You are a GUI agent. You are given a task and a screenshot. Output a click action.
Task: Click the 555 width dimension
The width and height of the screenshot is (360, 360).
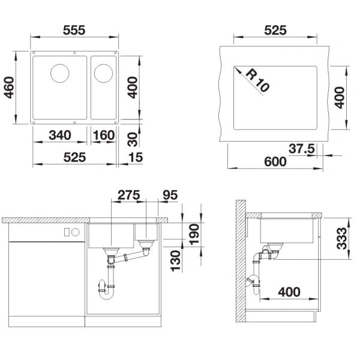(74, 31)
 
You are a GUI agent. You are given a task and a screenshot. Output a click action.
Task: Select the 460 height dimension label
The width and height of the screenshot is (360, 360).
(9, 88)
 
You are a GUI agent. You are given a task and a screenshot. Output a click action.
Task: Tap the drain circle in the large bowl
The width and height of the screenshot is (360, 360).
(59, 73)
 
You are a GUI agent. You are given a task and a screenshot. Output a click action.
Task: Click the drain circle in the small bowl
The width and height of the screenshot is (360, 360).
(103, 73)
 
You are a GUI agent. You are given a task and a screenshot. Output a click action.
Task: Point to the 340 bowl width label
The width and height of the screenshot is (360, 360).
(60, 135)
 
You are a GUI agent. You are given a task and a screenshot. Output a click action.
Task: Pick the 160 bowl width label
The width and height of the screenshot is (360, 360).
(104, 135)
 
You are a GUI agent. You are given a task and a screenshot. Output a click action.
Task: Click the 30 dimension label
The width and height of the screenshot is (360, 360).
(133, 139)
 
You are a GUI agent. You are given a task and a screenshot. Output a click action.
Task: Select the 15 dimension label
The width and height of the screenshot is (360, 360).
(136, 157)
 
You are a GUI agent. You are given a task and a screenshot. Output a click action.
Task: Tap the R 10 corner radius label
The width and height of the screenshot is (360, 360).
(257, 80)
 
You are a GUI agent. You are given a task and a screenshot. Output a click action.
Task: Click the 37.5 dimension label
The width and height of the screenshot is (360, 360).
(302, 149)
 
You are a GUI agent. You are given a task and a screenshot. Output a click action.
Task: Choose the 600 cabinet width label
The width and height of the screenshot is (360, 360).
(275, 161)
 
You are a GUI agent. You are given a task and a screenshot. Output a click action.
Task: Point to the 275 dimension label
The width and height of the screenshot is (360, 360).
(129, 195)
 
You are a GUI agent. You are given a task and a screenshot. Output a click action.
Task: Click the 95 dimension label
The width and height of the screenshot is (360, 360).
(170, 195)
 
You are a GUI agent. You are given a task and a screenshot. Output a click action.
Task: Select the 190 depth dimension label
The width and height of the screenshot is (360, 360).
(194, 235)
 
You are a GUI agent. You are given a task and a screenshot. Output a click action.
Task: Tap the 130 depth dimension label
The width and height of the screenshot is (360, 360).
(176, 261)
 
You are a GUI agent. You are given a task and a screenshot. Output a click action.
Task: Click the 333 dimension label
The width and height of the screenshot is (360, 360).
(341, 238)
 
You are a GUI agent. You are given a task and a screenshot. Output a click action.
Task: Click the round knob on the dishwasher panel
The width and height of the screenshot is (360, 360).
(76, 232)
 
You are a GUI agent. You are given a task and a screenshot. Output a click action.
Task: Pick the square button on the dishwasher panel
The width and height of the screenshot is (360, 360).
(67, 232)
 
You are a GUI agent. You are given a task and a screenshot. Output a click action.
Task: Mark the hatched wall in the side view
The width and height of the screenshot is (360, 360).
(241, 261)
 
